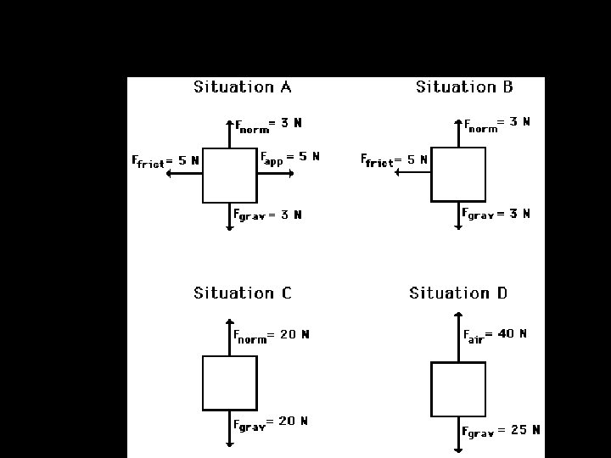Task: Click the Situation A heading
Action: pos(243,87)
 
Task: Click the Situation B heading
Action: pos(464,87)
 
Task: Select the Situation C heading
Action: pos(243,293)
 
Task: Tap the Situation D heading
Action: pos(458,293)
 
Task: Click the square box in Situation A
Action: pos(229,175)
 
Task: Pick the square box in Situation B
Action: pos(458,174)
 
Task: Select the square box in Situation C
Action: pos(229,383)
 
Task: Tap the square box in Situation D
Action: pos(458,388)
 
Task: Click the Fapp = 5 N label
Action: pos(289,157)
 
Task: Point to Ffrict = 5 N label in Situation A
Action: pos(166,160)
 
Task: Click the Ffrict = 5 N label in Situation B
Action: pos(395,159)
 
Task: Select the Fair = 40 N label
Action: pos(495,335)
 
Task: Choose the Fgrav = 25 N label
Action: pos(501,431)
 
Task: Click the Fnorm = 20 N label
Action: pos(272,335)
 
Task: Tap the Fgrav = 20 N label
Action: pos(271,422)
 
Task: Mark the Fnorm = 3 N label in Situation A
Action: pos(268,125)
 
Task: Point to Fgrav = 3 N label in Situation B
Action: pos(496,215)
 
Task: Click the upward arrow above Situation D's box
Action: pos(458,338)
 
